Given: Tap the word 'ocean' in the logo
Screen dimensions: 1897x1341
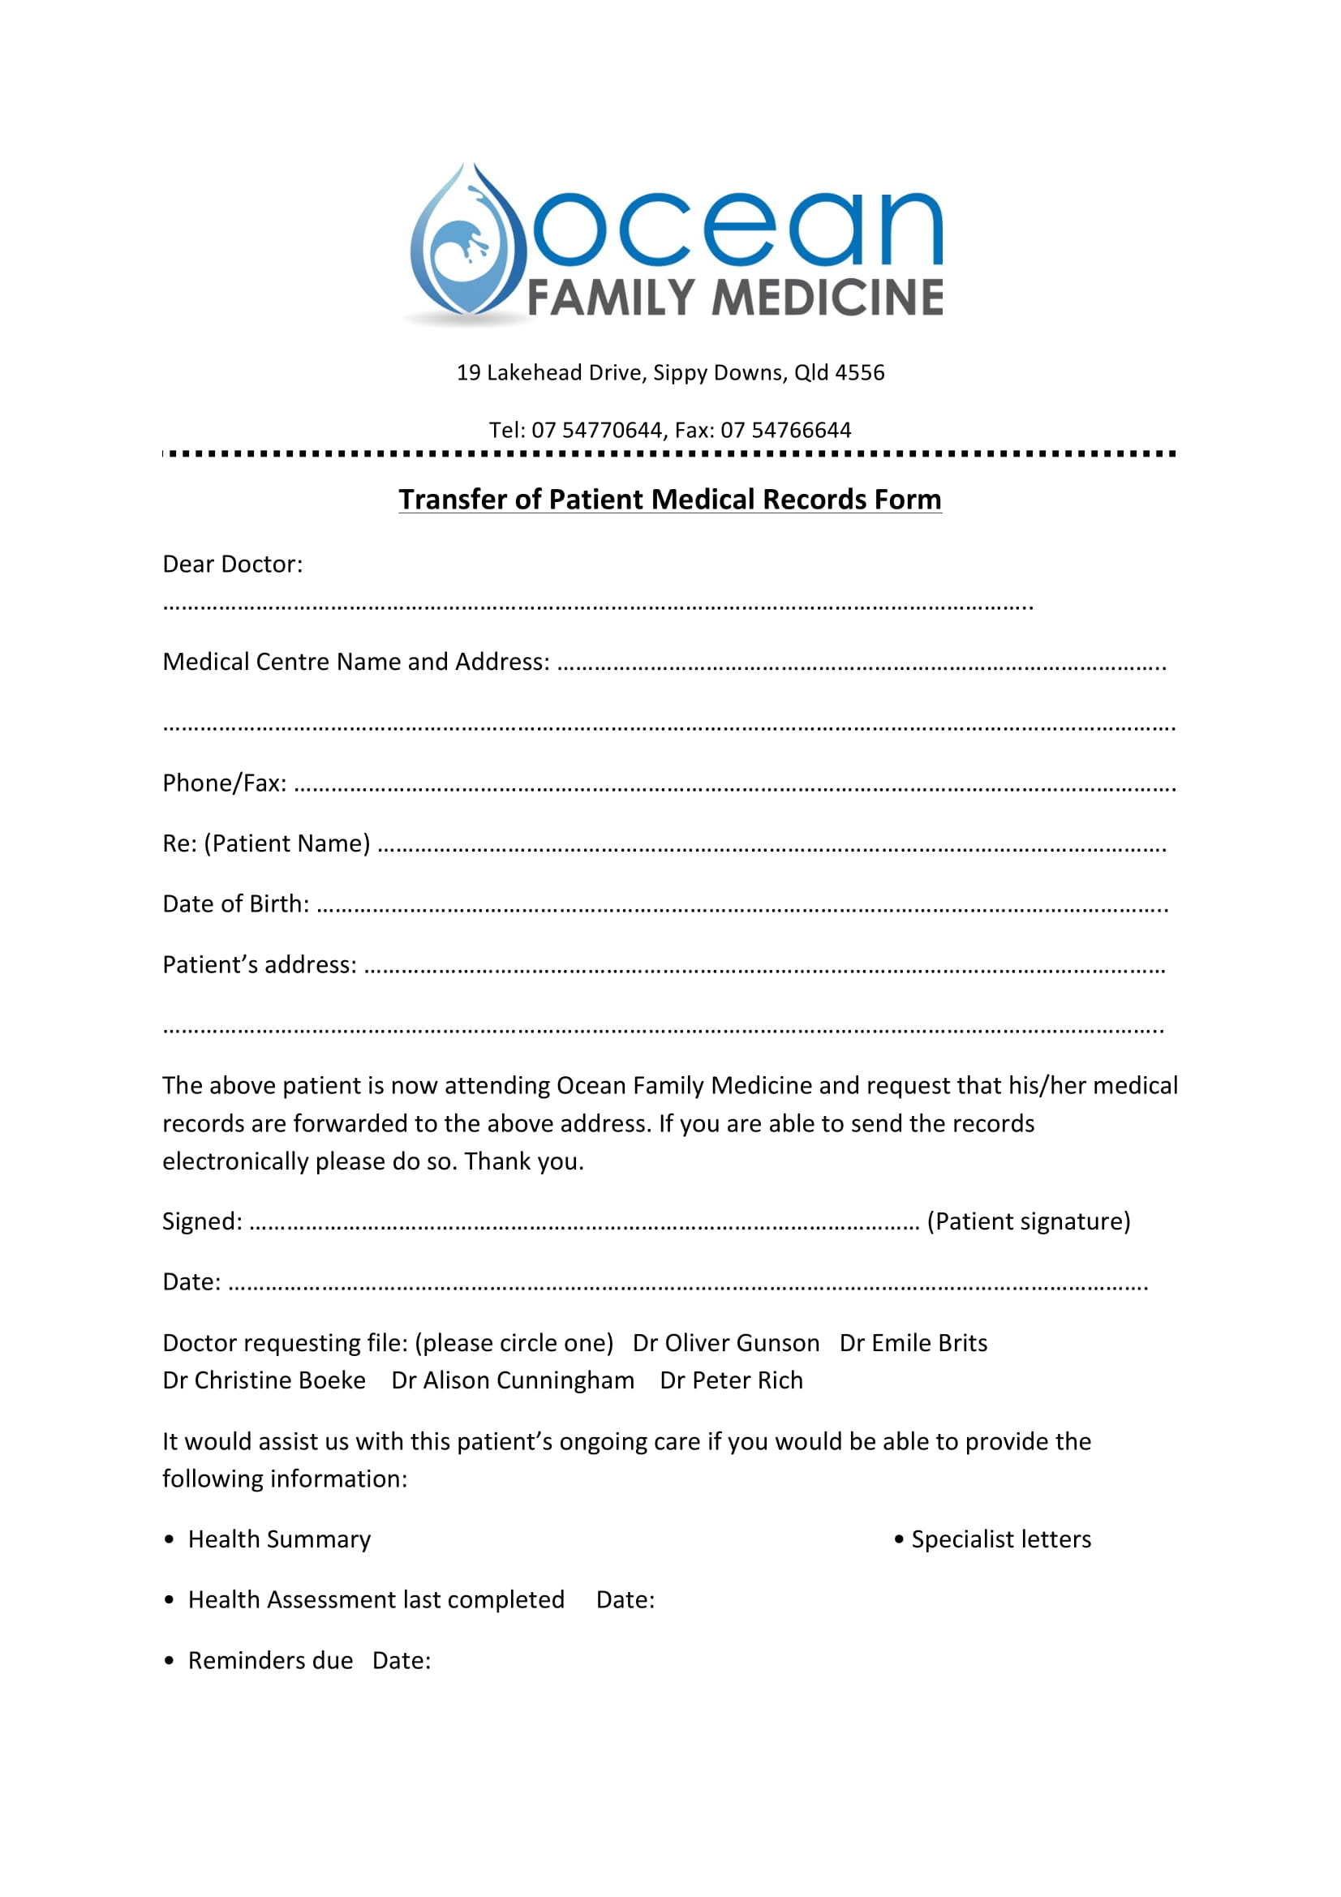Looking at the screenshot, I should (x=738, y=230).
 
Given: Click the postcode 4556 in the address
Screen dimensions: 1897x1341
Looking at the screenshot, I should (x=860, y=372).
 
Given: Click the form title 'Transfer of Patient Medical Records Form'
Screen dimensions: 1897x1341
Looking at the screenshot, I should (x=669, y=500).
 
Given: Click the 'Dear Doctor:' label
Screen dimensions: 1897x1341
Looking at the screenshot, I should (x=232, y=564).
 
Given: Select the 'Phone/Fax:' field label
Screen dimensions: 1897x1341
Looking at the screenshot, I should (x=224, y=783).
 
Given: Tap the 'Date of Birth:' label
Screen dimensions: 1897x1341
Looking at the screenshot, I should (x=235, y=903).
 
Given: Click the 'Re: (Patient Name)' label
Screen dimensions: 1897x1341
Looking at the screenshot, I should (x=266, y=843).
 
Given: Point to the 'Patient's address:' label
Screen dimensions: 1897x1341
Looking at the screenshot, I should (x=260, y=965).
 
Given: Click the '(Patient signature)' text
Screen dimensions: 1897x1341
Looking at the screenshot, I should (x=1028, y=1221).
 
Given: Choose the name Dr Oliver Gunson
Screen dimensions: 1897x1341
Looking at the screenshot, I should (x=725, y=1343).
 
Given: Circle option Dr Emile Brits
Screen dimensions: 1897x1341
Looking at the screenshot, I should (x=913, y=1343).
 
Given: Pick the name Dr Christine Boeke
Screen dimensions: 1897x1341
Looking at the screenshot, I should (x=264, y=1380).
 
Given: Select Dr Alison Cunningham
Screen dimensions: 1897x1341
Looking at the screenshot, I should (x=512, y=1380).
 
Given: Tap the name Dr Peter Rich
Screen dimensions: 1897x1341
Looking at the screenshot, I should (x=731, y=1380).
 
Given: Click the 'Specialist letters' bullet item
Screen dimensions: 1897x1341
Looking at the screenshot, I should (x=1000, y=1539).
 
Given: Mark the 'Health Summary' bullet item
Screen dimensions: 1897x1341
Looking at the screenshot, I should (x=279, y=1539).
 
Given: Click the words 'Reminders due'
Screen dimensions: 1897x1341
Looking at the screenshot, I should (x=270, y=1661).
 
